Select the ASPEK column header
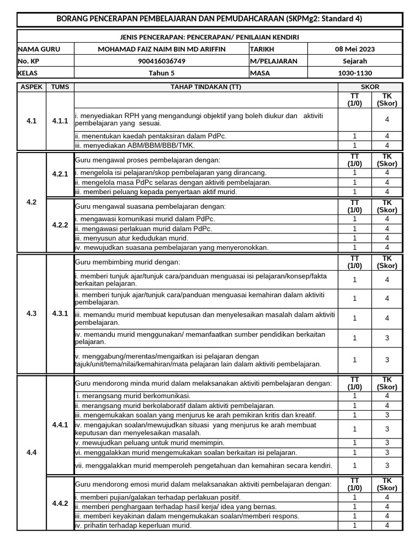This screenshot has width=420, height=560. click(x=31, y=87)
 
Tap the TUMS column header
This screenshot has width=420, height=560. click(x=60, y=87)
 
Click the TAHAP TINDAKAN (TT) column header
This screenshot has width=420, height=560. click(x=206, y=87)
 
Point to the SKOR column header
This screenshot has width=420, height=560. click(x=370, y=87)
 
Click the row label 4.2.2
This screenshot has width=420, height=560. click(x=60, y=225)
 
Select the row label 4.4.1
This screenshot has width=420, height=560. click(x=60, y=424)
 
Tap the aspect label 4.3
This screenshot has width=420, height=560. click(x=31, y=314)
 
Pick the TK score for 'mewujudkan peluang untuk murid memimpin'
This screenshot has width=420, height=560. click(x=387, y=442)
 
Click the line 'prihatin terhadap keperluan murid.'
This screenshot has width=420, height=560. click(x=133, y=526)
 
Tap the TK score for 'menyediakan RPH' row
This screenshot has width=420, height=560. click(x=387, y=119)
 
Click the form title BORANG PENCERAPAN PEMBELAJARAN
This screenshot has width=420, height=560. click(x=209, y=19)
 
